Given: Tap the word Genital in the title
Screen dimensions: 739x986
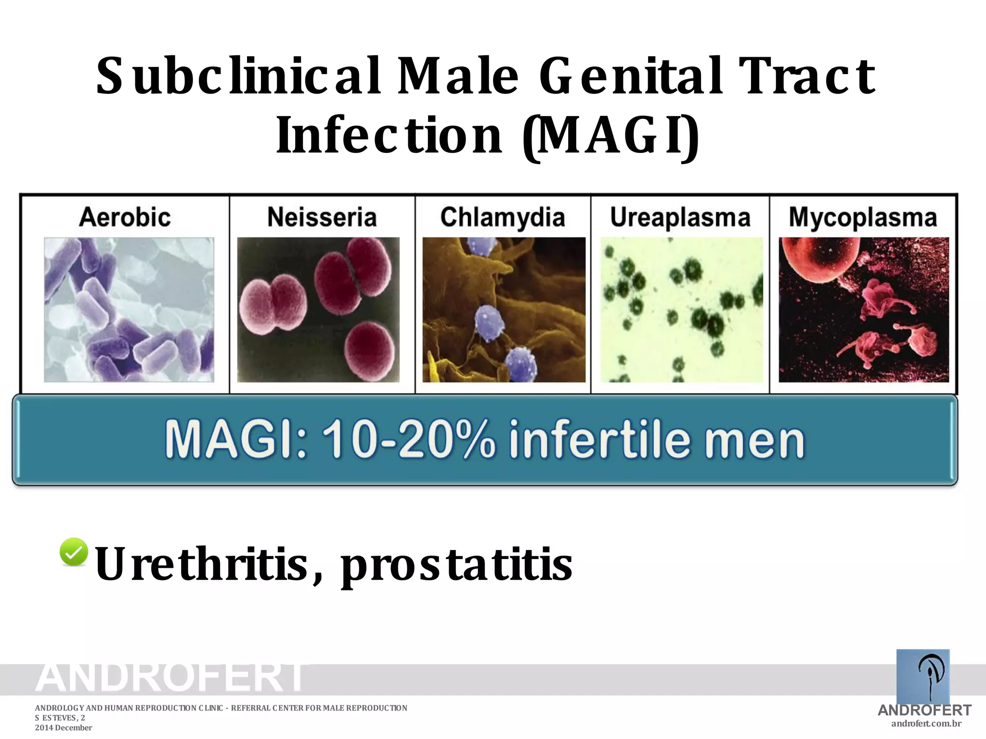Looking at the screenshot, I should pyautogui.click(x=631, y=76).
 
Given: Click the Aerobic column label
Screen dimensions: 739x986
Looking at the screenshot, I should pyautogui.click(x=125, y=217).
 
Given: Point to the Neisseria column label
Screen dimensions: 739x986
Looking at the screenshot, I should pyautogui.click(x=322, y=217).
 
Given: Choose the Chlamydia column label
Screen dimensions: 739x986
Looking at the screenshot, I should pyautogui.click(x=503, y=217).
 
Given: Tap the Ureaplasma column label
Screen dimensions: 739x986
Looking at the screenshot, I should pyautogui.click(x=680, y=217).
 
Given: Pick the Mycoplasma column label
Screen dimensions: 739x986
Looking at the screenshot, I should pyautogui.click(x=863, y=217).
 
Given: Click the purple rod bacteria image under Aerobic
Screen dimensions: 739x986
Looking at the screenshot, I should pyautogui.click(x=129, y=310).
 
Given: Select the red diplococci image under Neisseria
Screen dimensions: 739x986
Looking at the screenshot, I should pyautogui.click(x=318, y=310).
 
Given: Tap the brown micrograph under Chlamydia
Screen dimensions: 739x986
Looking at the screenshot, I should pyautogui.click(x=504, y=310).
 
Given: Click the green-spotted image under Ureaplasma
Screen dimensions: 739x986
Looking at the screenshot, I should pyautogui.click(x=681, y=310).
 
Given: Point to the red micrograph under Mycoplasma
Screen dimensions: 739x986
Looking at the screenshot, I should pyautogui.click(x=864, y=310).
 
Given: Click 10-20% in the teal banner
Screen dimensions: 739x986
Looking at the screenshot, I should pyautogui.click(x=408, y=439).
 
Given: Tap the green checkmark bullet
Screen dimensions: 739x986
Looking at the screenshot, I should pyautogui.click(x=74, y=552).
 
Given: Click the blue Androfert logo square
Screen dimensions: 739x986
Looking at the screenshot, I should pyautogui.click(x=923, y=676).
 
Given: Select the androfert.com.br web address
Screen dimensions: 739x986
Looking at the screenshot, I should pyautogui.click(x=926, y=724).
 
